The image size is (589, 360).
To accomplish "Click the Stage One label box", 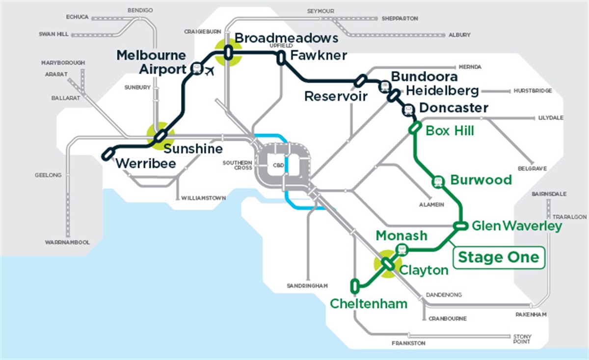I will [x=498, y=257].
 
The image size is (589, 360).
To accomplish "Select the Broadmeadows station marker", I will [x=228, y=52].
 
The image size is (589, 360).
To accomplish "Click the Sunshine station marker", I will [x=161, y=136].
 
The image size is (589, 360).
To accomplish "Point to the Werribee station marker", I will [x=107, y=154].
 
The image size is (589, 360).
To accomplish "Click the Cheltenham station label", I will [x=369, y=304].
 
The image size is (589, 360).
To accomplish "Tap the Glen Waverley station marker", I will [x=460, y=226].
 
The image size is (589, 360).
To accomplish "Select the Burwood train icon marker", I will [x=438, y=181].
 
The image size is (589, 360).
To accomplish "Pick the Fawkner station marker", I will [x=280, y=58].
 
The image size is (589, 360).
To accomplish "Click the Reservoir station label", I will [x=336, y=96].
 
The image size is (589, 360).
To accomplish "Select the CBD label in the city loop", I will [x=278, y=166].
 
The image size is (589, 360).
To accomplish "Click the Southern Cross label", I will [x=237, y=165].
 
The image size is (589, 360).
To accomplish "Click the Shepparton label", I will [x=400, y=19].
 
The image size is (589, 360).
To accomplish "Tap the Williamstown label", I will [x=204, y=198].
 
